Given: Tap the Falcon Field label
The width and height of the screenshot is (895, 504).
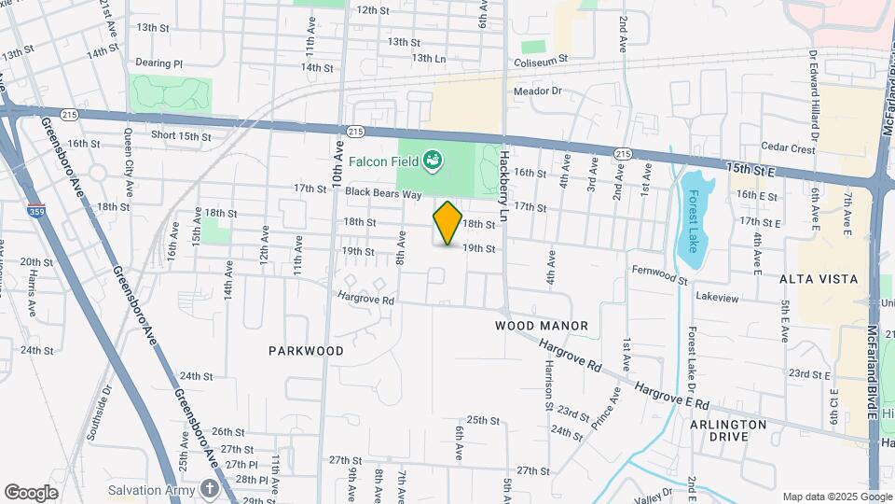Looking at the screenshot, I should (x=383, y=161).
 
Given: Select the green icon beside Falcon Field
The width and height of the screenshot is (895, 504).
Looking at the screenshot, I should (x=432, y=161).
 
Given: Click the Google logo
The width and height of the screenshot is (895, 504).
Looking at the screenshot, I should (x=31, y=493).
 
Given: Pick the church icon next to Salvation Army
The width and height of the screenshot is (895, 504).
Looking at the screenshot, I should (x=212, y=489).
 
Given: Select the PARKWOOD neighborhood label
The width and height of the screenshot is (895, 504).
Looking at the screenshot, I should (x=306, y=351).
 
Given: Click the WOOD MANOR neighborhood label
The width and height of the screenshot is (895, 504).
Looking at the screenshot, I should (x=542, y=326).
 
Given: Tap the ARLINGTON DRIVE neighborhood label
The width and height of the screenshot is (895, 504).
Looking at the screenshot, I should (x=728, y=430).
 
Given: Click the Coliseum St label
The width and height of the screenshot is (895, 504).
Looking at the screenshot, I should (x=541, y=63).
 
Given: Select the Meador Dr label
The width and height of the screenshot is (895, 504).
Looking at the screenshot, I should (x=538, y=91).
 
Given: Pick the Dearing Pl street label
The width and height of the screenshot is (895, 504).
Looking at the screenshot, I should (x=159, y=63).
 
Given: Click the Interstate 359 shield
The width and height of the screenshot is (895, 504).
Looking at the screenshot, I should (x=34, y=212).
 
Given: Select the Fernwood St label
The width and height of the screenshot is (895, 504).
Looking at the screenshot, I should (x=658, y=279).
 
